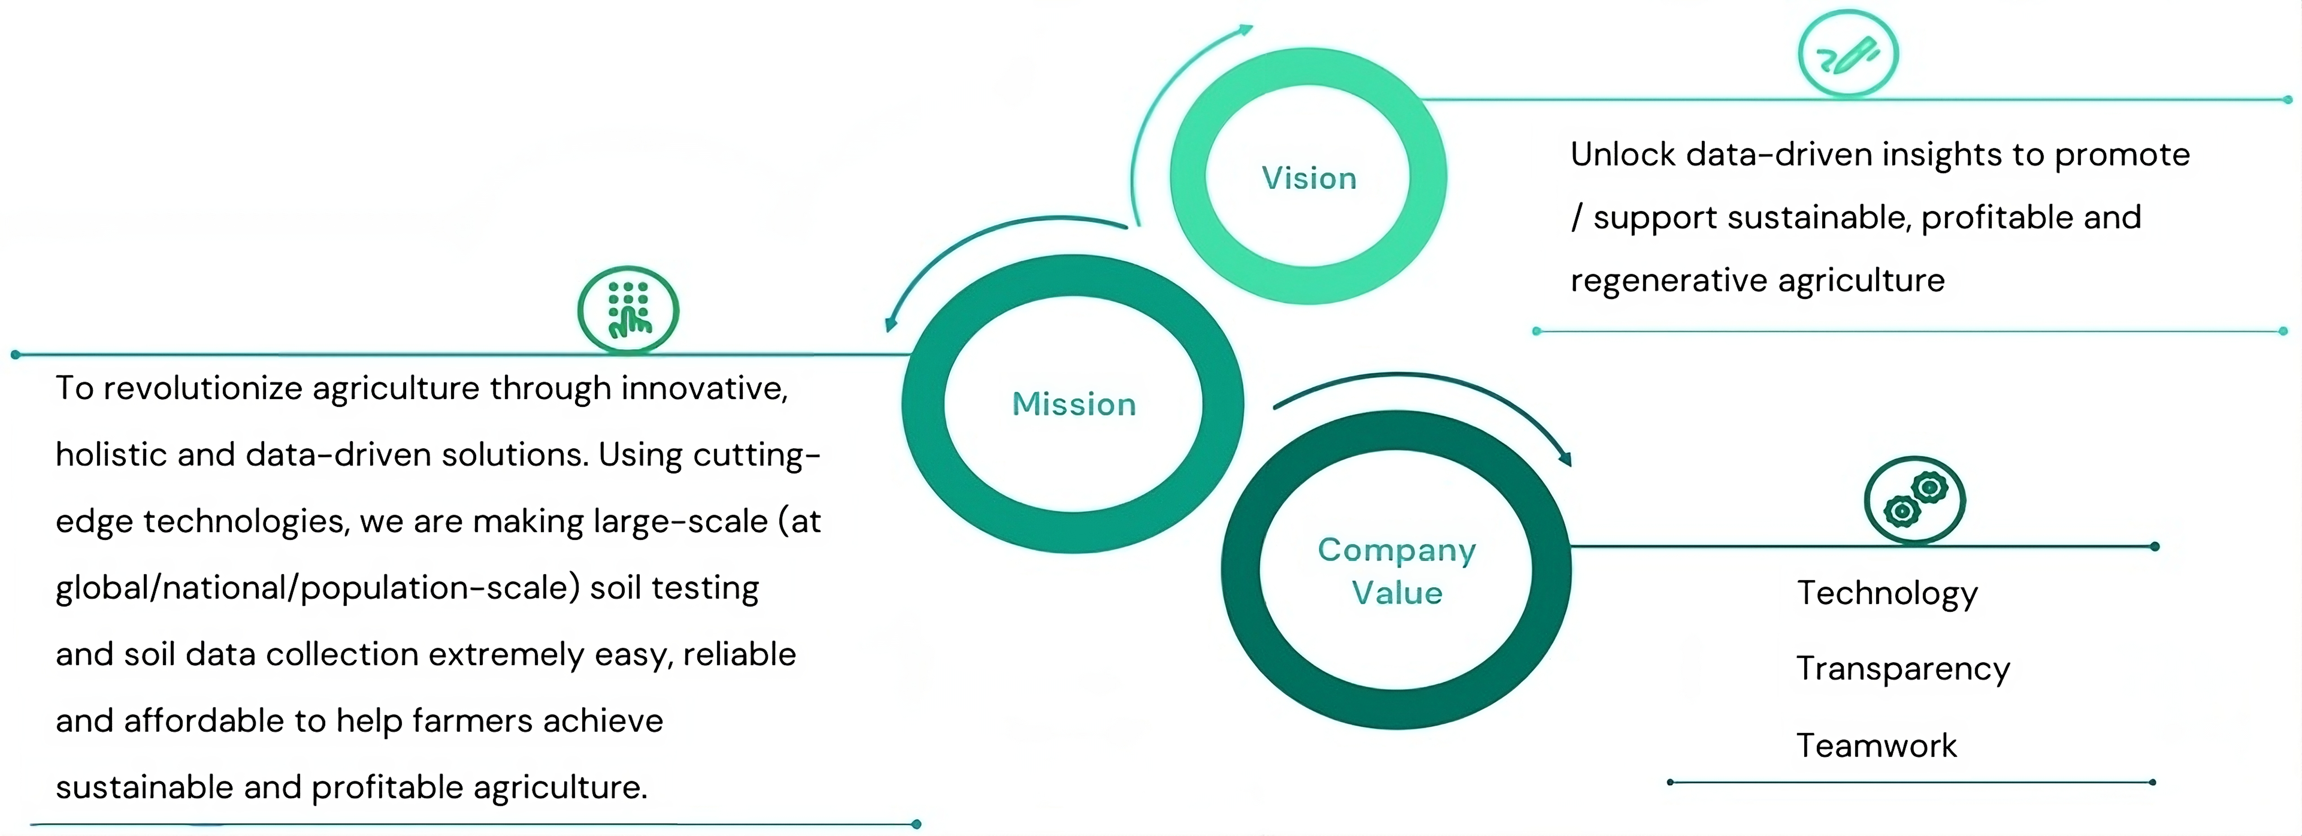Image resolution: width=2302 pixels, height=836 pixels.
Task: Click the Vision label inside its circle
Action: pyautogui.click(x=1308, y=178)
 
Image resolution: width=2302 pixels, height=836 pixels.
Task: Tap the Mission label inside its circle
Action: pyautogui.click(x=1073, y=404)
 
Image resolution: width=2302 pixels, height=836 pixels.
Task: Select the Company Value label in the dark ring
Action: pyautogui.click(x=1396, y=570)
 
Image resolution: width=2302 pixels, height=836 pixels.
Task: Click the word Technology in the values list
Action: pyautogui.click(x=1887, y=593)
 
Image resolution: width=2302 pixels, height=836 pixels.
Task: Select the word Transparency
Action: pyautogui.click(x=1903, y=669)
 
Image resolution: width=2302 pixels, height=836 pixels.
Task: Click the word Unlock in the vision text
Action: pyautogui.click(x=1623, y=155)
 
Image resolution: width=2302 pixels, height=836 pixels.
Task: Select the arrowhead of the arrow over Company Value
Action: pyautogui.click(x=1565, y=459)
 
